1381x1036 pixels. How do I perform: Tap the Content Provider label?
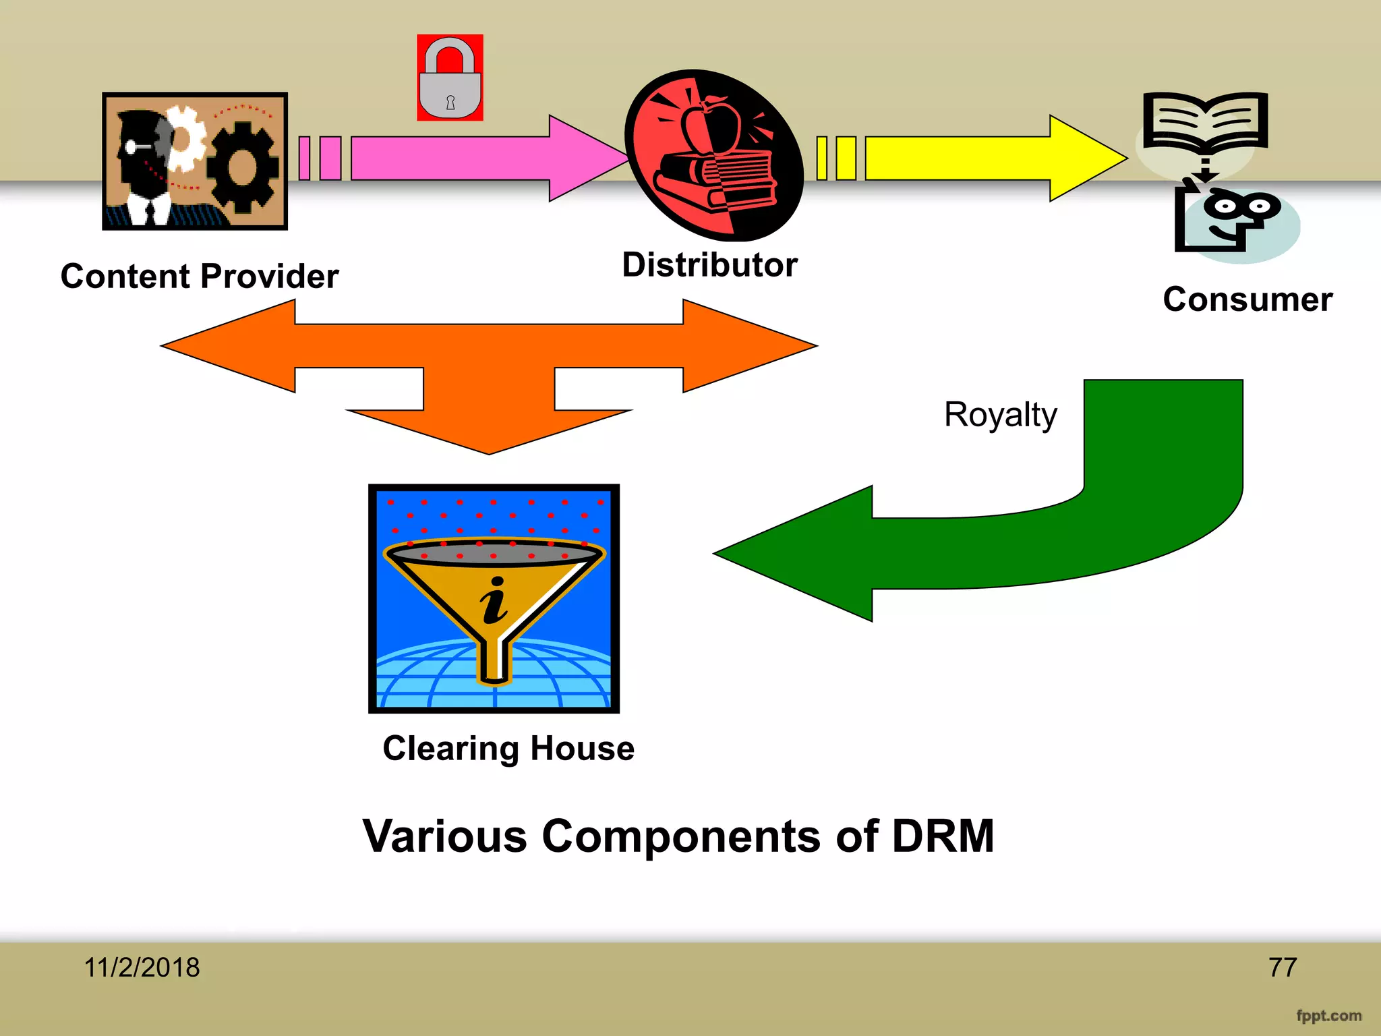200,277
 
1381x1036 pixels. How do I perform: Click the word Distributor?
709,265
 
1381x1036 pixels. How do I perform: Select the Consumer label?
1247,299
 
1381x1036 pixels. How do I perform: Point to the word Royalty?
1000,414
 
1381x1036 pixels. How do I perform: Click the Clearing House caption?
508,749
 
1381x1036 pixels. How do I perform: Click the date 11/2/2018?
142,968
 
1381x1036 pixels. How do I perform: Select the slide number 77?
1283,968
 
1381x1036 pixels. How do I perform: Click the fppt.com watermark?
1328,1016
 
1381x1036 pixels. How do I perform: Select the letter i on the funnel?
494,600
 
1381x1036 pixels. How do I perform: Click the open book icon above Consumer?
1205,121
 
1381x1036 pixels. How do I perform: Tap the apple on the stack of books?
711,125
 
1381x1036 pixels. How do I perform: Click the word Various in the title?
444,836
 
